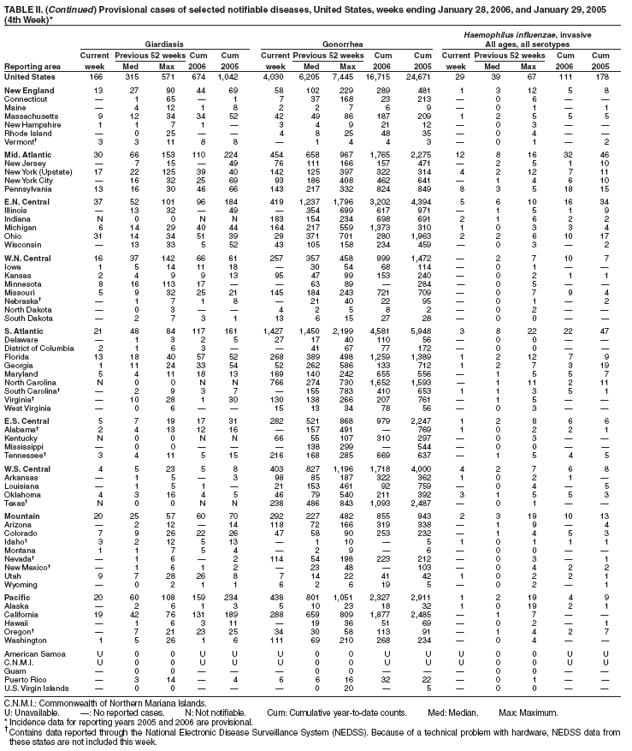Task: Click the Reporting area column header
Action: pos(31,66)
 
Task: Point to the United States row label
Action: pos(30,77)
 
